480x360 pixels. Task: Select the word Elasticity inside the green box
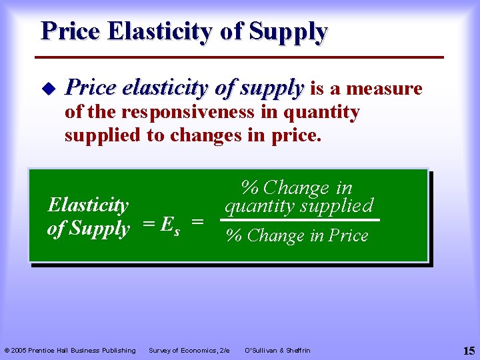88,205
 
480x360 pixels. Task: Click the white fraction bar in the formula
302,220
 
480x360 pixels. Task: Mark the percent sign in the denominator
234,236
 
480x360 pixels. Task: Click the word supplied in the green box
336,206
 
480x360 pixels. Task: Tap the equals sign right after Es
197,227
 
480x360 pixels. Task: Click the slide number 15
468,350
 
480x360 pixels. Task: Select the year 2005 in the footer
21,351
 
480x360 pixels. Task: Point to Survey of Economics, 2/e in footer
189,351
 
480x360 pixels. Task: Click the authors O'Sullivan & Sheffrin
277,351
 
